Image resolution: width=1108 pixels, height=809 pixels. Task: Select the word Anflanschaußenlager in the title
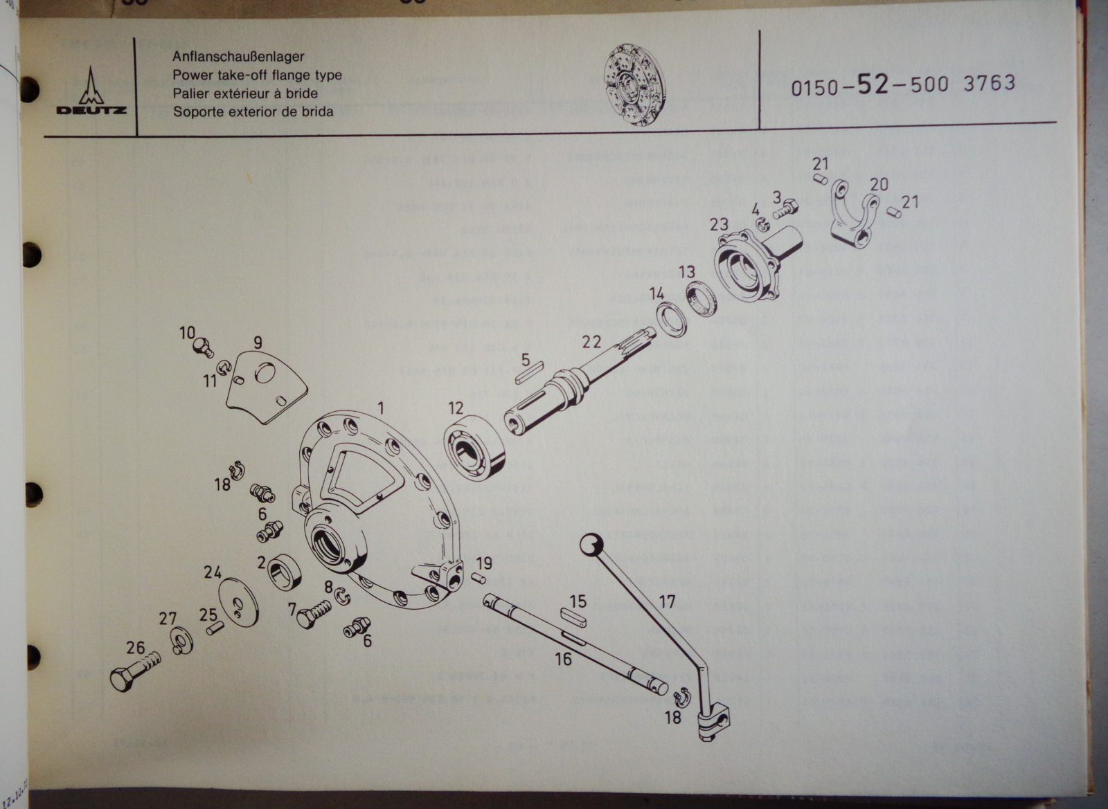[x=238, y=57]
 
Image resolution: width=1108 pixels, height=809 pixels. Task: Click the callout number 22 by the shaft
[x=591, y=341]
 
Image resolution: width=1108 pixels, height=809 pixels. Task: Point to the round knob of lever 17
[x=591, y=545]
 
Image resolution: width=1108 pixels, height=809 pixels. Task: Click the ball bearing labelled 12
[x=474, y=446]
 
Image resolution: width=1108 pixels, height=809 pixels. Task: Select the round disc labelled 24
[x=238, y=601]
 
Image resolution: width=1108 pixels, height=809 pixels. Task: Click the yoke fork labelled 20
[x=854, y=215]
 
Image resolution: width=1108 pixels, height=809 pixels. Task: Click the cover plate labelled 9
[x=266, y=385]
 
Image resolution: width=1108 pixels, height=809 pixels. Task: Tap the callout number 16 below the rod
[x=563, y=659]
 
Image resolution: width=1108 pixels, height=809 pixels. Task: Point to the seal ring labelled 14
[x=670, y=319]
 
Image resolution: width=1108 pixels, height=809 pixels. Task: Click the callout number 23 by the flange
[x=719, y=224]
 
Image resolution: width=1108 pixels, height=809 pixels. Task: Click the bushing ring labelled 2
[x=284, y=572]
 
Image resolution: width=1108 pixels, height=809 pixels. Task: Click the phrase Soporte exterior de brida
[x=253, y=111]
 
